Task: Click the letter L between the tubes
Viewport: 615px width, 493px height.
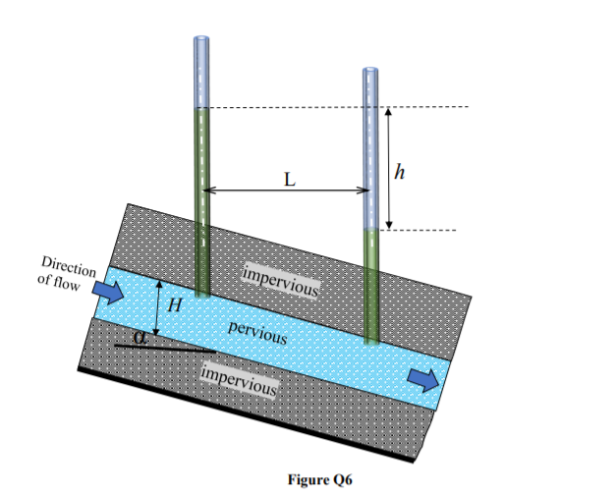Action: point(290,181)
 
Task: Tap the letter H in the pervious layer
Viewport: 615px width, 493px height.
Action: point(175,304)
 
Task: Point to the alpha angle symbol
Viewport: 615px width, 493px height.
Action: point(139,338)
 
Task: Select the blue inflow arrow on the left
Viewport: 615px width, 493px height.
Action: point(107,292)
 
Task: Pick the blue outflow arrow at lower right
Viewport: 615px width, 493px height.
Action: point(423,380)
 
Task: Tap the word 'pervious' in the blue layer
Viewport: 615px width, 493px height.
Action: point(257,332)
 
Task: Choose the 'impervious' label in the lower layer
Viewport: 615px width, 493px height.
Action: point(238,379)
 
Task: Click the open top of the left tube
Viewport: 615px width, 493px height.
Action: point(202,40)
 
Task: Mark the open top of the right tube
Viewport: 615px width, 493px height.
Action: point(370,71)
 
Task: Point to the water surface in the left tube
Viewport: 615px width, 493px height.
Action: point(202,108)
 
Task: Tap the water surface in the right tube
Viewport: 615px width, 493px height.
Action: point(370,230)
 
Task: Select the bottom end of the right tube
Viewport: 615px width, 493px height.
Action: point(371,341)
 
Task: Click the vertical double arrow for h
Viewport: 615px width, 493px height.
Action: point(389,169)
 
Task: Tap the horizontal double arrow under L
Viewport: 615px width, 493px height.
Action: point(286,191)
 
